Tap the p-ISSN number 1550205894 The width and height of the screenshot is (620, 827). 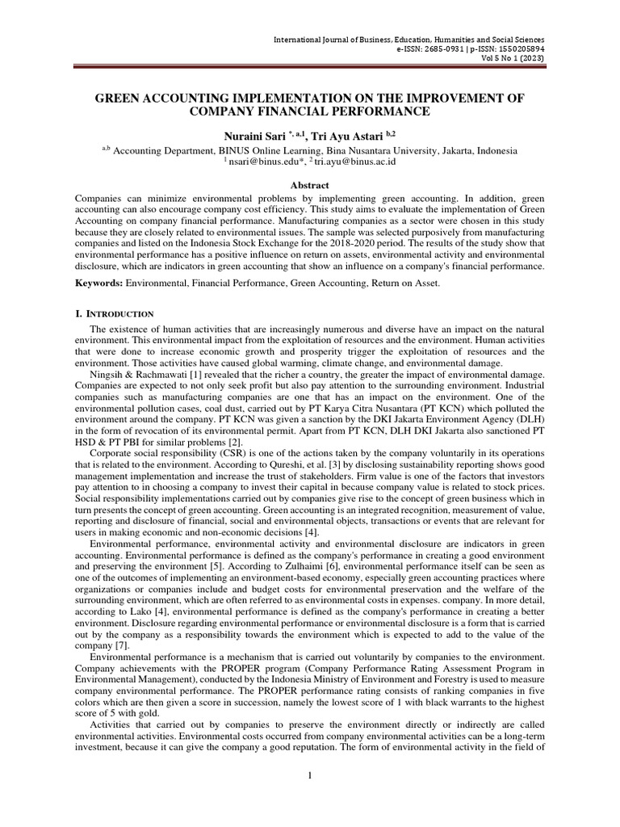pos(516,48)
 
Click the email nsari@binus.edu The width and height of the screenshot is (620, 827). pos(259,162)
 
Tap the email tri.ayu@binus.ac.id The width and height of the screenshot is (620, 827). pos(354,162)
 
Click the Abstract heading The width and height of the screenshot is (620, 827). pos(309,185)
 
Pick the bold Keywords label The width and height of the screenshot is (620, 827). pos(98,284)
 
